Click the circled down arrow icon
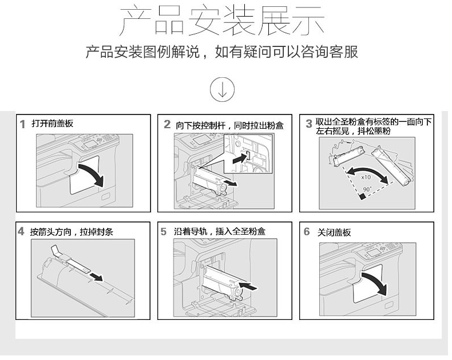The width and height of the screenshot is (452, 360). (222, 89)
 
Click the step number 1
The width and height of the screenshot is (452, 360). (22, 125)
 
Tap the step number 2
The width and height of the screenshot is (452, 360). (167, 124)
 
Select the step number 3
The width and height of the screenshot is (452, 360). (309, 124)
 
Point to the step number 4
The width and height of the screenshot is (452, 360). (21, 231)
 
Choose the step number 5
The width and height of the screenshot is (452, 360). (164, 231)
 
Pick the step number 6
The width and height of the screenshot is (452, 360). (307, 231)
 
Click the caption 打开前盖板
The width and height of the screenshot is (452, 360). (53, 124)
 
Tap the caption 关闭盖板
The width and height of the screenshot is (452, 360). (334, 232)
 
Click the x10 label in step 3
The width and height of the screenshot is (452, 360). (366, 177)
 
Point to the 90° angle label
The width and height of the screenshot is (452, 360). (367, 189)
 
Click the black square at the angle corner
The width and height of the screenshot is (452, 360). (363, 197)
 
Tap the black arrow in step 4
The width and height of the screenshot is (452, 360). (96, 277)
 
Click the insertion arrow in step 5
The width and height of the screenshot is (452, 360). (248, 286)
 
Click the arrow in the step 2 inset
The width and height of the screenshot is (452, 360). (240, 159)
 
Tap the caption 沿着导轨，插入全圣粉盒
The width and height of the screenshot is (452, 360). (220, 231)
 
